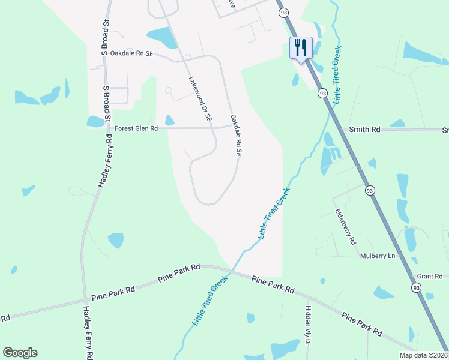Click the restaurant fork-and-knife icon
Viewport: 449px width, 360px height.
point(301,47)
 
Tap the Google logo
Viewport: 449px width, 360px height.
point(20,353)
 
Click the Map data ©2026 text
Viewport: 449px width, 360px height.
point(423,355)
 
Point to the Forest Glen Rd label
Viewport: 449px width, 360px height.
point(136,128)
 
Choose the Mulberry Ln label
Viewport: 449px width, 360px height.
point(378,256)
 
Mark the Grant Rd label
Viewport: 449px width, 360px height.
point(429,277)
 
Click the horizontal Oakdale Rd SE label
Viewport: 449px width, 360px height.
point(132,53)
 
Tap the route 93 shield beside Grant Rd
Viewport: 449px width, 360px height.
point(416,288)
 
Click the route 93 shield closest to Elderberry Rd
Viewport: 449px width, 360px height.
point(370,190)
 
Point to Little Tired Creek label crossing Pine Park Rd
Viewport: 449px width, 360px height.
point(210,300)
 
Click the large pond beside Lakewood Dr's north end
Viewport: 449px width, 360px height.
point(162,37)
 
